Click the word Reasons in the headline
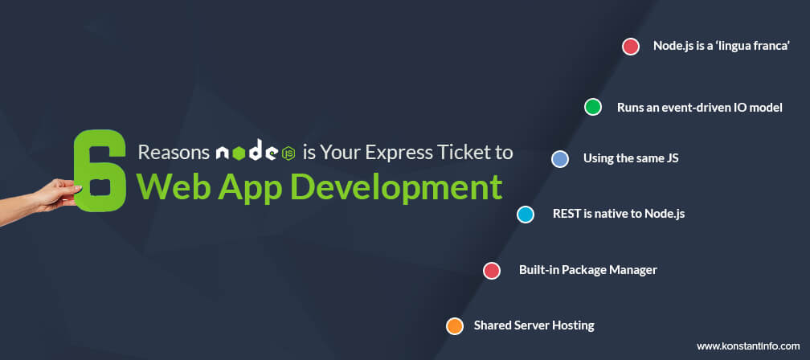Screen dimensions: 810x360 pos(174,153)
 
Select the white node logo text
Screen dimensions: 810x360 pos(247,152)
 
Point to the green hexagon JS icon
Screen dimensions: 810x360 pos(288,153)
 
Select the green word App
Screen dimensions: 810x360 pos(249,188)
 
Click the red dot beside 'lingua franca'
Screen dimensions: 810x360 pos(630,47)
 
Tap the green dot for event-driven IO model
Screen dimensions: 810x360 pos(592,107)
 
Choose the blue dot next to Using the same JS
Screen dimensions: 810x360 pos(559,159)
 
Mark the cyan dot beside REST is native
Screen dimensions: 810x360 pos(526,215)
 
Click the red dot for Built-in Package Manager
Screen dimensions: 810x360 pos(491,271)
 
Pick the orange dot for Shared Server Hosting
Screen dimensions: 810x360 pos(455,326)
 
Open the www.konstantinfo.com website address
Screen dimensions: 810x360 pos(748,346)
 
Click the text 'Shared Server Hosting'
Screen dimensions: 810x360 pos(534,325)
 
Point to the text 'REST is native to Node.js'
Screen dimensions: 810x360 pos(619,213)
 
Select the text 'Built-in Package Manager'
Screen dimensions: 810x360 pos(588,270)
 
